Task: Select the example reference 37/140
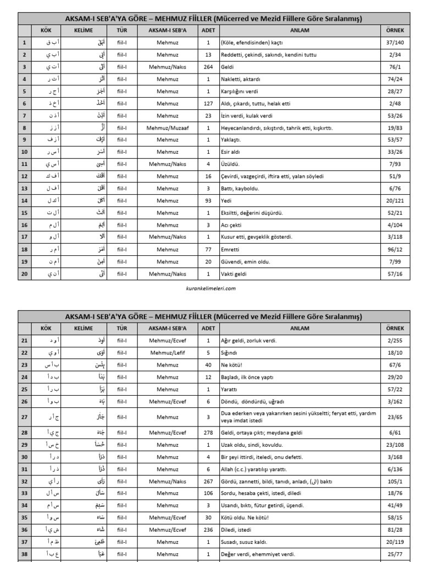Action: [395, 43]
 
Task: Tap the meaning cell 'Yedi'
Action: [226, 201]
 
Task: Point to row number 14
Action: [24, 201]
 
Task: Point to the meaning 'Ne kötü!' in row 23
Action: [232, 364]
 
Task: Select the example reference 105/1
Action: [395, 481]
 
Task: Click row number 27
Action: [24, 417]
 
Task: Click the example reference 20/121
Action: [395, 201]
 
